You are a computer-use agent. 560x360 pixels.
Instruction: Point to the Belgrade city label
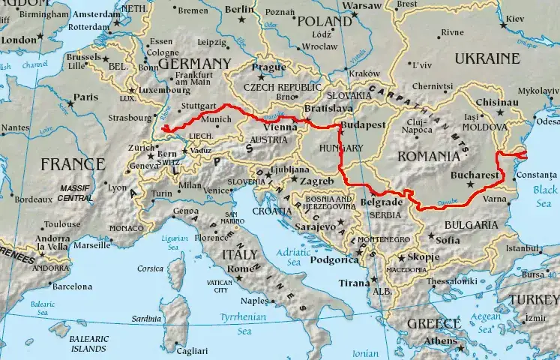382,202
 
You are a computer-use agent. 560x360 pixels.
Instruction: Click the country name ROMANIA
428,156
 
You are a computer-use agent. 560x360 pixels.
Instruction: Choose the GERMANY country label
194,64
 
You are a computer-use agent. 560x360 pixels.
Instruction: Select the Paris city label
86,97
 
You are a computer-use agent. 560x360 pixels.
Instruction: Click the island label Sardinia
147,319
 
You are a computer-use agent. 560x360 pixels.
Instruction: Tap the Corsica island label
150,268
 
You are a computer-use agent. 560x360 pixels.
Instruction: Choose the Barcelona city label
72,286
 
